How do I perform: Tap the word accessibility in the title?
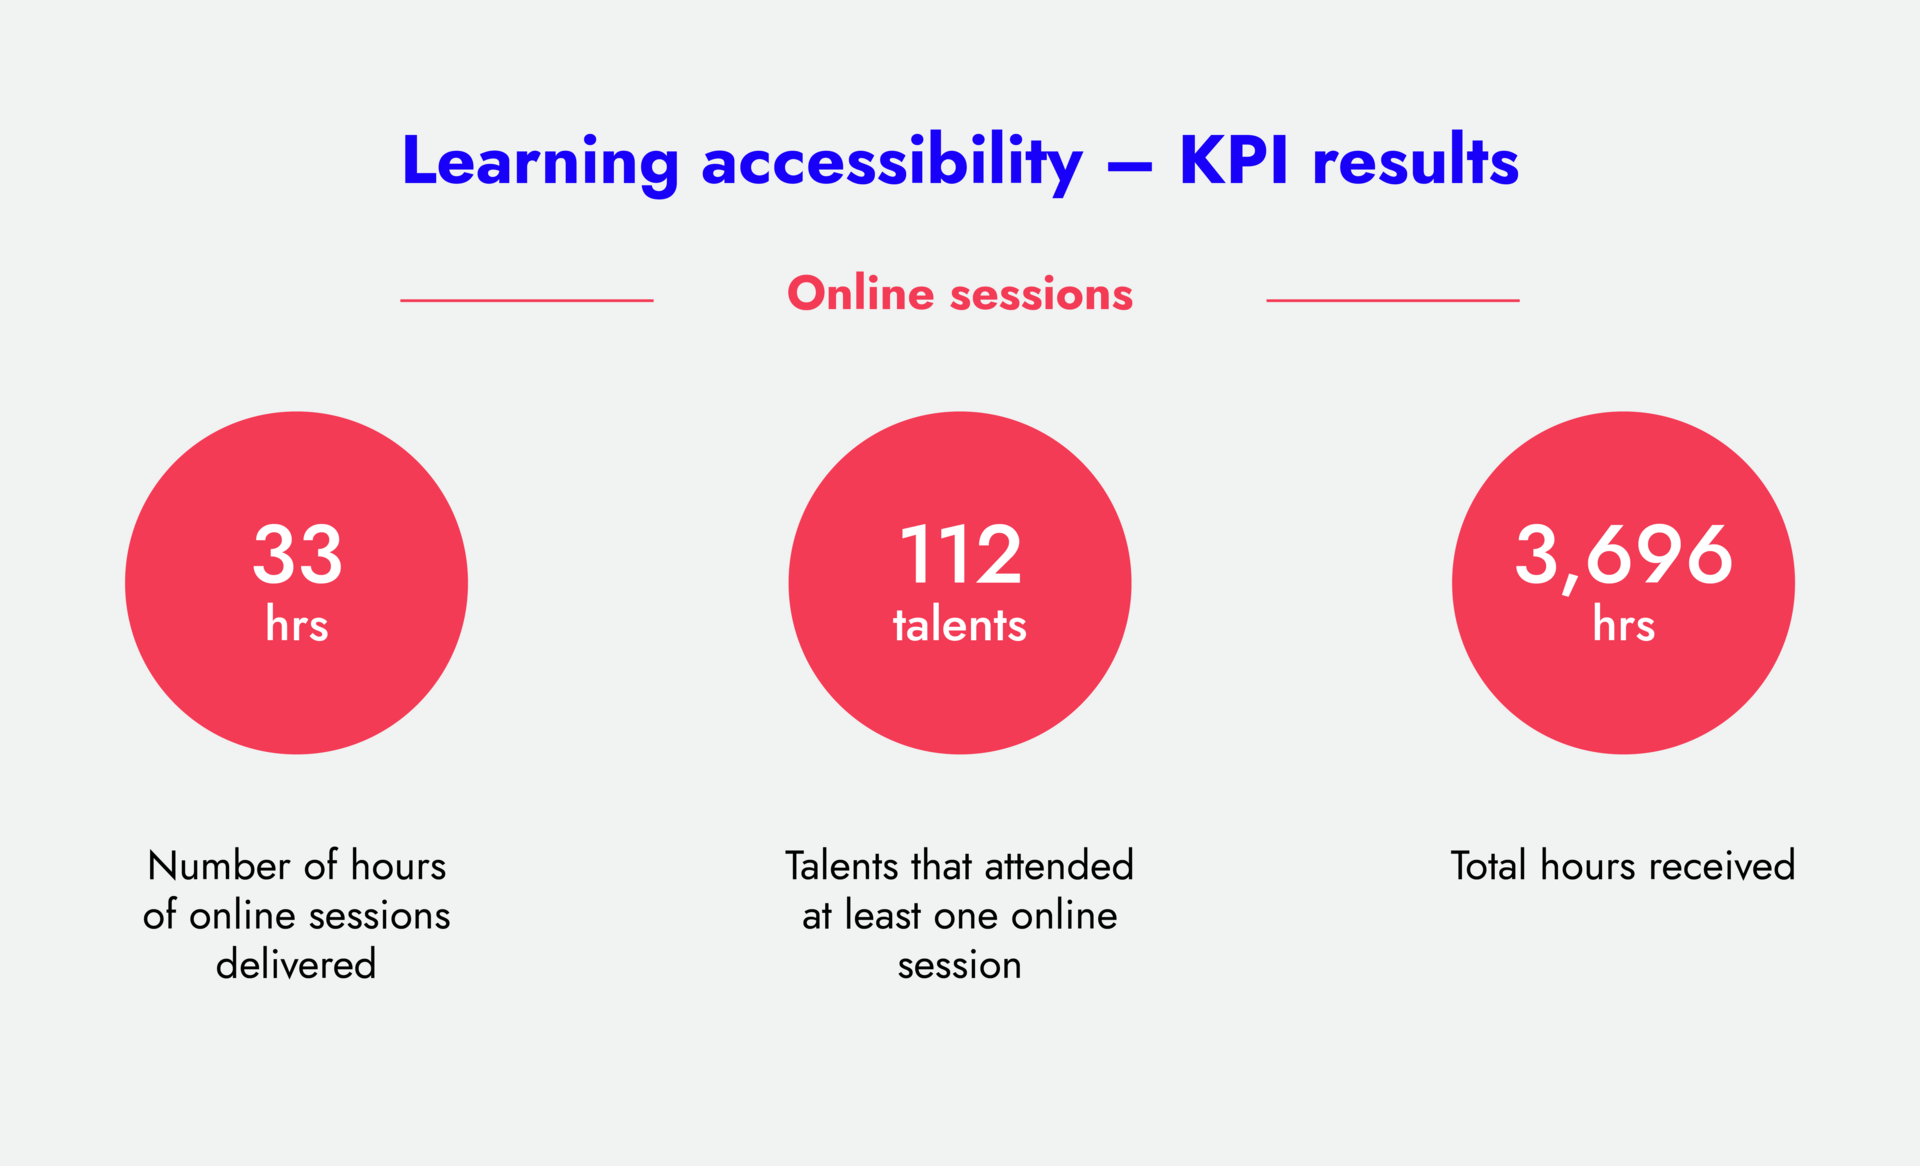pos(892,162)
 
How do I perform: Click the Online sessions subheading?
pos(960,294)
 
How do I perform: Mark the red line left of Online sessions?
pos(527,300)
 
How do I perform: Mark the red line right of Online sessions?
pos(1392,300)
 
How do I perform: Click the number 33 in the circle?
pos(297,555)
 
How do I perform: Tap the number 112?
pos(960,555)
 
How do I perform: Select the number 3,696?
pos(1623,555)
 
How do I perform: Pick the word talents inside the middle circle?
pos(960,625)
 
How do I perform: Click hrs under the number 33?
pos(297,625)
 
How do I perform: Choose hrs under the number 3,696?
pos(1623,625)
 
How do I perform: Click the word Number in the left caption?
pos(219,866)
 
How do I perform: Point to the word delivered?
pos(296,965)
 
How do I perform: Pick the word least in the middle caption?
pos(883,915)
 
